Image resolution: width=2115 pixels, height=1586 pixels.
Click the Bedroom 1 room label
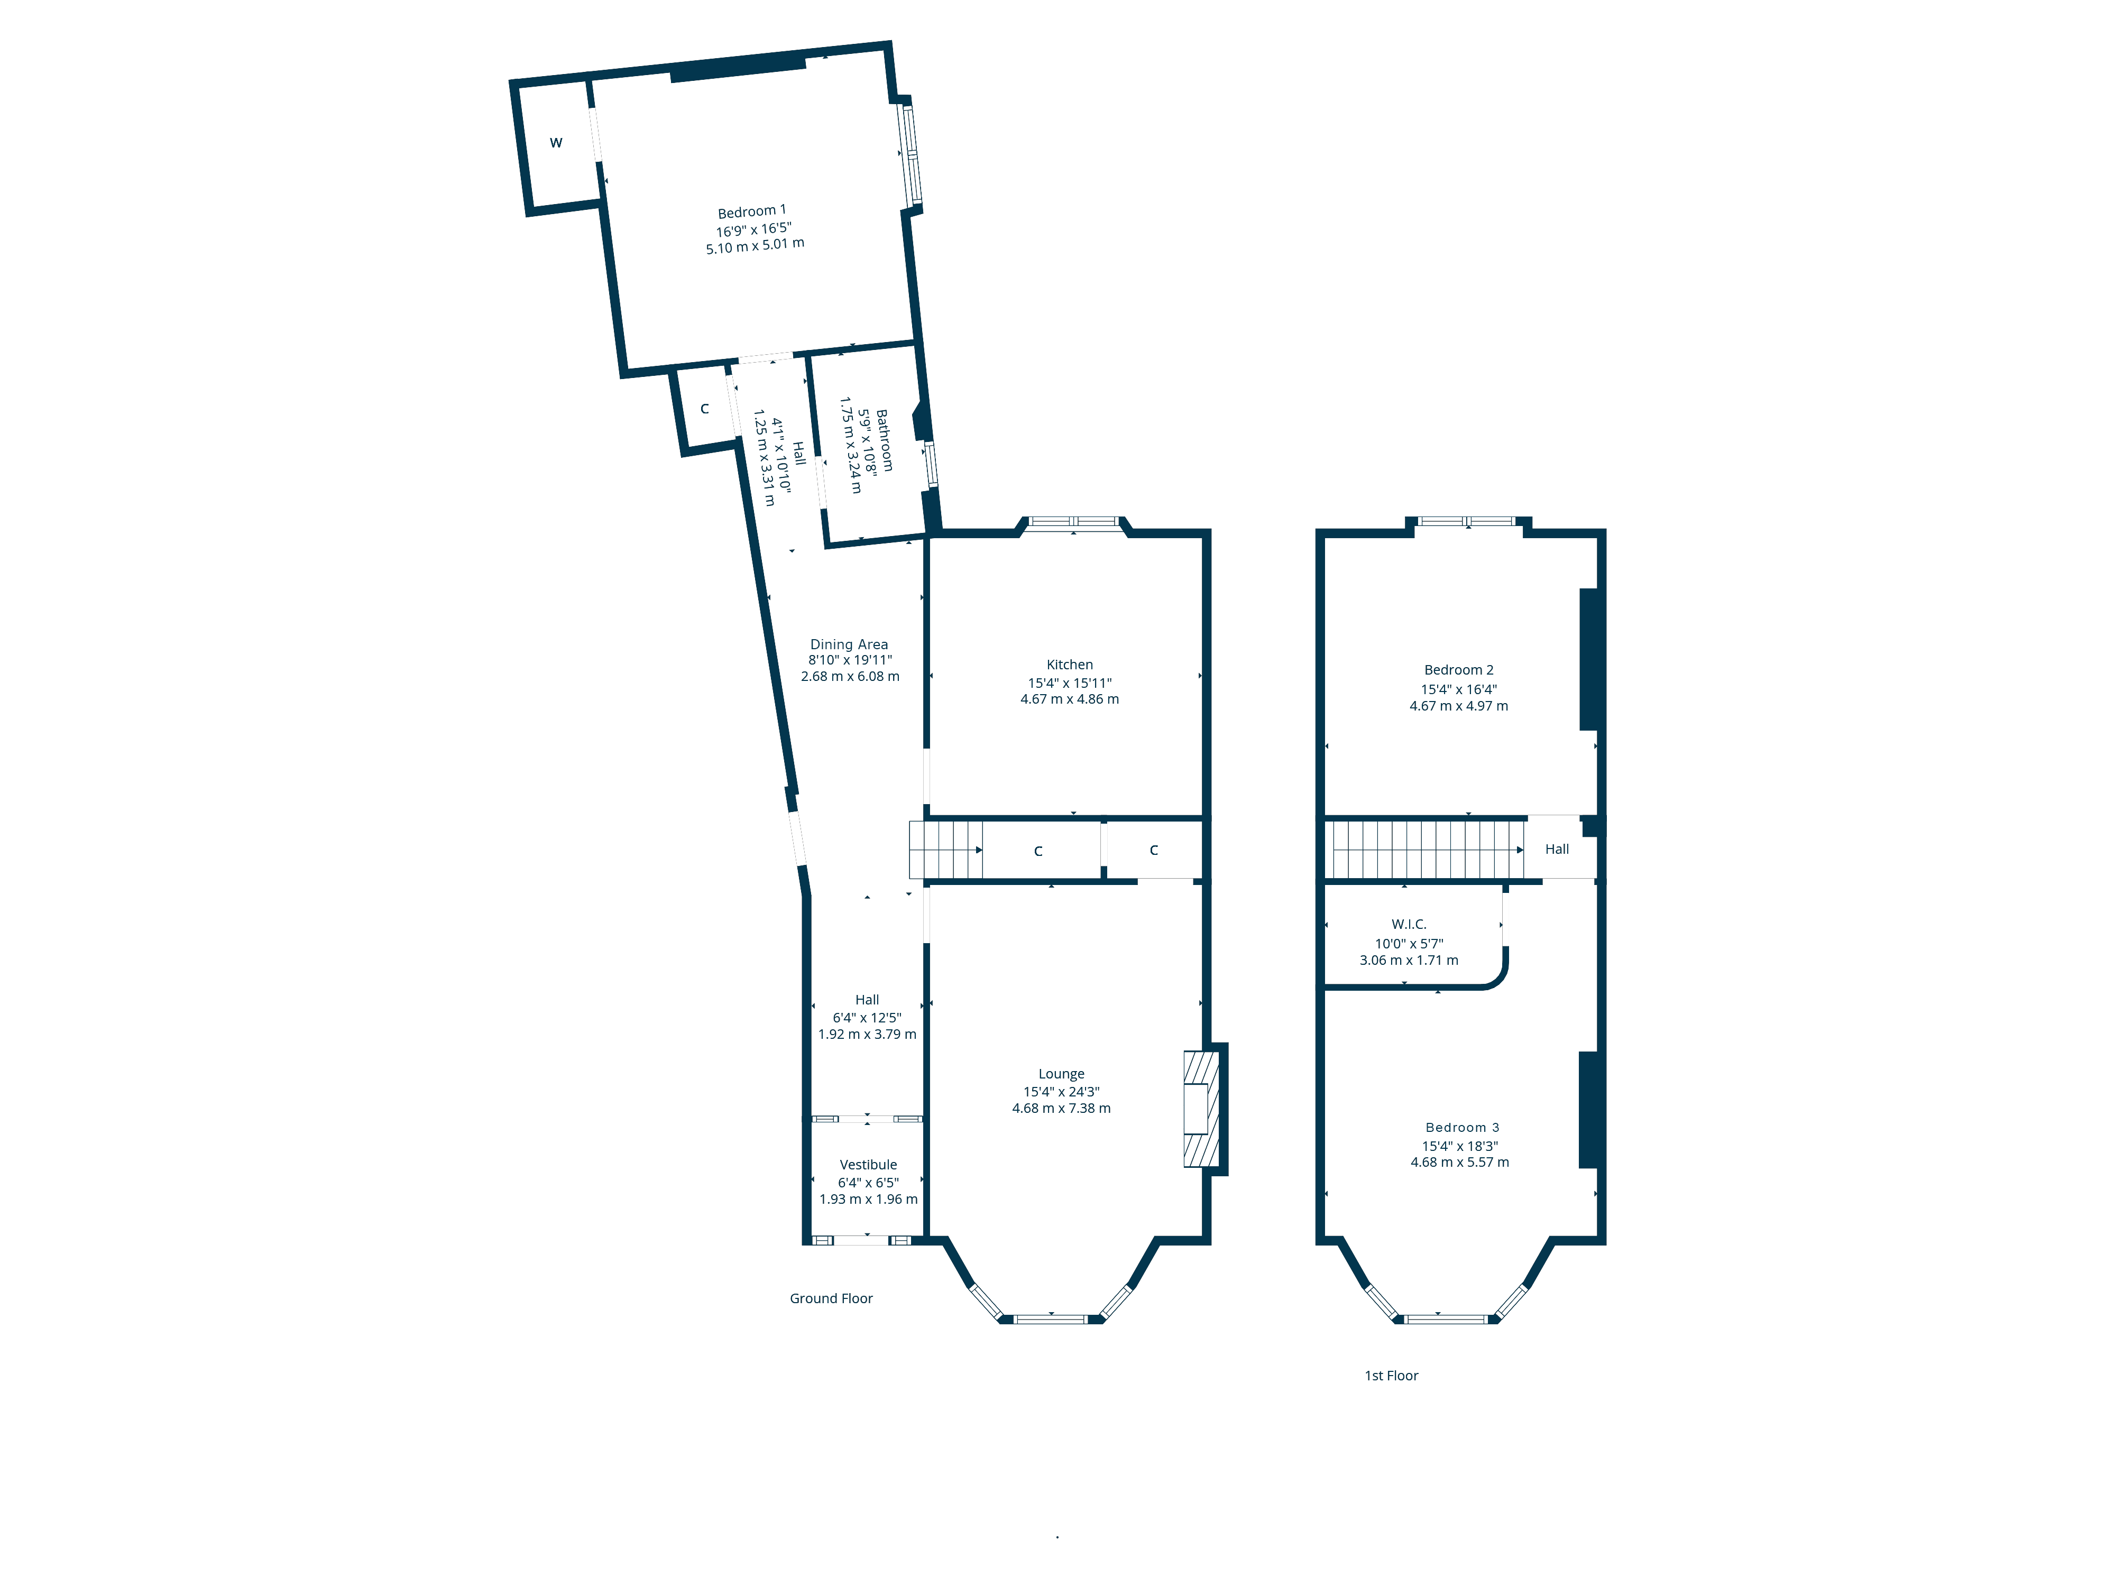[751, 211]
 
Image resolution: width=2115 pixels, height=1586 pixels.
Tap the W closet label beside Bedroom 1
[556, 142]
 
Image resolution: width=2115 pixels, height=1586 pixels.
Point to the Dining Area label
[849, 644]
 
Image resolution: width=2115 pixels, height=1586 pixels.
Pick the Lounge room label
[1061, 1074]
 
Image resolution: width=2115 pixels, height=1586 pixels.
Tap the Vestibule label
[868, 1165]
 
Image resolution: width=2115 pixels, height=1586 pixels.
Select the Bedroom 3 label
[1462, 1127]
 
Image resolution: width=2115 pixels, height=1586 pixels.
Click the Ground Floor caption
[831, 1298]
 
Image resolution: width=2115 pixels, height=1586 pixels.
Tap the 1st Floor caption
[1391, 1376]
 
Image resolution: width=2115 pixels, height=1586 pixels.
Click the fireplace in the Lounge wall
[1202, 1109]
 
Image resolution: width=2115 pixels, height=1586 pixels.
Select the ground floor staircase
[945, 850]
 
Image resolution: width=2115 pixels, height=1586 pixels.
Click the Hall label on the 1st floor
[1557, 849]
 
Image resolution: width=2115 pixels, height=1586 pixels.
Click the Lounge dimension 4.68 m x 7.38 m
[1061, 1108]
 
